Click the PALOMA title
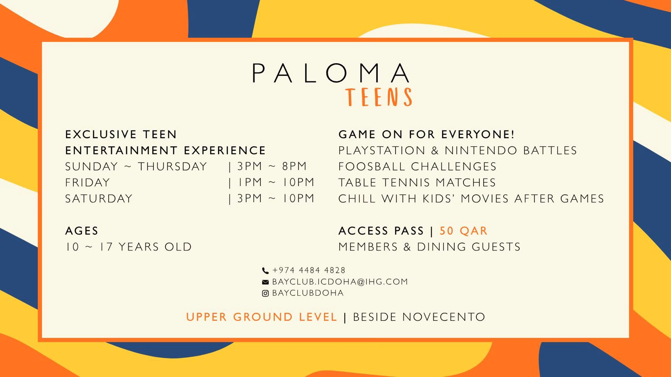coord(331,73)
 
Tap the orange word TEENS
coord(379,97)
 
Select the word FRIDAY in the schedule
coord(88,183)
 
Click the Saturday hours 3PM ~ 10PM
coord(276,199)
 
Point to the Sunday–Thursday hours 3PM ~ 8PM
coord(272,166)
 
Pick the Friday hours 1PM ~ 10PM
coord(276,182)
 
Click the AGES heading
coord(81,231)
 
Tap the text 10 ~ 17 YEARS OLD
coord(128,247)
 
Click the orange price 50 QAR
coord(463,231)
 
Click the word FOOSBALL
coord(372,166)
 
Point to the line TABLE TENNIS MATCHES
coord(417,183)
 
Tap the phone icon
coord(265,271)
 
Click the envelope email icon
coord(265,282)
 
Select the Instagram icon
coord(265,293)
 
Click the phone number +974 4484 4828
coord(309,270)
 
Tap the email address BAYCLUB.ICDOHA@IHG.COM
coord(340,281)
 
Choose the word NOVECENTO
coord(444,317)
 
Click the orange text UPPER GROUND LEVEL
coord(262,317)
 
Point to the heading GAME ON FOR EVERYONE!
coord(427,134)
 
